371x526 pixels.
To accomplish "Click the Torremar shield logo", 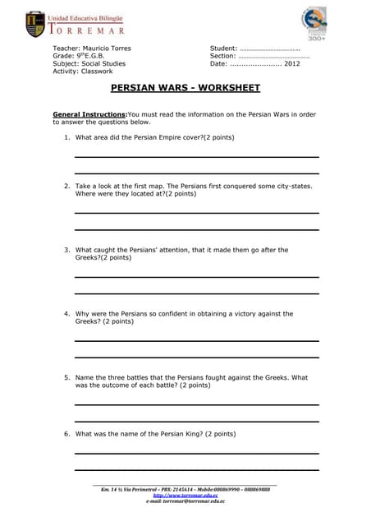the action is [35, 24].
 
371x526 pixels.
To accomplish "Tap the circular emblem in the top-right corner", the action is [317, 22].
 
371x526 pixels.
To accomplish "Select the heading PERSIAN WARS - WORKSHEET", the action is [185, 87].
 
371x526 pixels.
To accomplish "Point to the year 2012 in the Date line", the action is [292, 63].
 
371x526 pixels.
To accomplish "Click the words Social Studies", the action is [104, 63].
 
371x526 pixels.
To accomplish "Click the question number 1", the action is [66, 137].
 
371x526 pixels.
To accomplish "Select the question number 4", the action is [66, 314].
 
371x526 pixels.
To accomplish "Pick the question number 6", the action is [66, 433].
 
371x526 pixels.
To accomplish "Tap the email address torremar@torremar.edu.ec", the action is [194, 501].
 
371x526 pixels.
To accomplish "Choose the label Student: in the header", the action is [224, 48].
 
